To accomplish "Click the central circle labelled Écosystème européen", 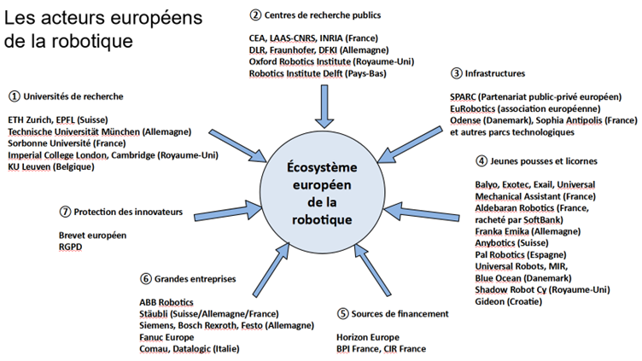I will click(x=325, y=195).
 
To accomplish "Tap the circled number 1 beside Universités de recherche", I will click(x=14, y=95).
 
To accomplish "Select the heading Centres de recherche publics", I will click(x=323, y=15).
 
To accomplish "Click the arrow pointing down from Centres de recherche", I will click(x=324, y=108).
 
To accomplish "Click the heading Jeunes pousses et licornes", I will click(x=541, y=160).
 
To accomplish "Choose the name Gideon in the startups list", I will click(x=489, y=303).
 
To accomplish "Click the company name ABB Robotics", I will click(x=166, y=302).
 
